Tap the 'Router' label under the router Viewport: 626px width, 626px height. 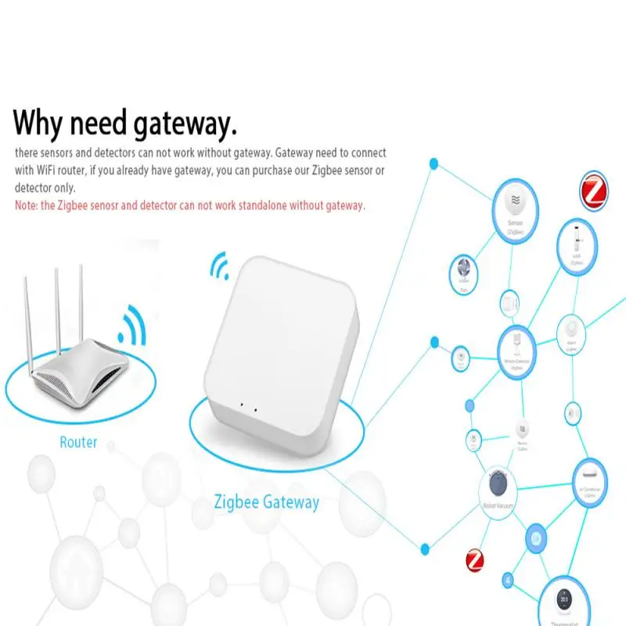[78, 443]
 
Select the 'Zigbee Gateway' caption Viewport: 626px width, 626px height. [266, 502]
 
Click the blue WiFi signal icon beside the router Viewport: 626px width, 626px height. [131, 327]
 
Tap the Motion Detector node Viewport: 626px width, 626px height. [517, 349]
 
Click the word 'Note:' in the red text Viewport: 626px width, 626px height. [29, 206]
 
